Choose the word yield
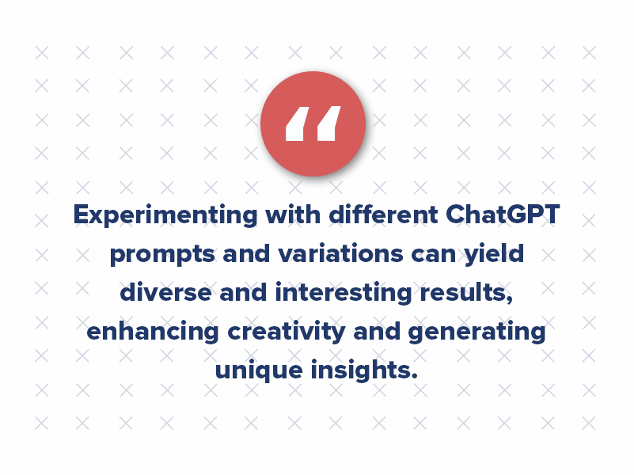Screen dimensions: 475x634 click(496, 254)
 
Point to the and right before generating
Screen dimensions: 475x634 click(377, 331)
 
